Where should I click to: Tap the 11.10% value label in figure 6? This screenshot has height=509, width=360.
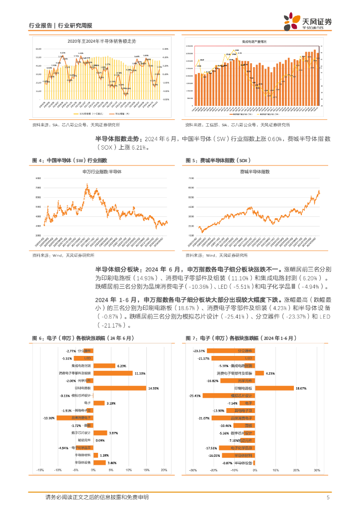coord(139,373)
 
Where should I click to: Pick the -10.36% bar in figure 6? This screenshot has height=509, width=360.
coord(75,418)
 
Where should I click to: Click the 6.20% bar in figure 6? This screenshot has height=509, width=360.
coord(104,365)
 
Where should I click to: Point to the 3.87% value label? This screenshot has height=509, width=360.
coord(113,433)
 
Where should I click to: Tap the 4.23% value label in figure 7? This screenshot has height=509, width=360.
coord(270,373)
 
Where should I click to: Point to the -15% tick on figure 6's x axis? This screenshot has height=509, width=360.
coord(40,470)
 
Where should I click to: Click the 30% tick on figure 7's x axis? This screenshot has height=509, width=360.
coord(316,470)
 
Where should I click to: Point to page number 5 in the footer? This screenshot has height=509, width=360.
coord(328,497)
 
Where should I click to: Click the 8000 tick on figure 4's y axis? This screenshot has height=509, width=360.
coord(38,178)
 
